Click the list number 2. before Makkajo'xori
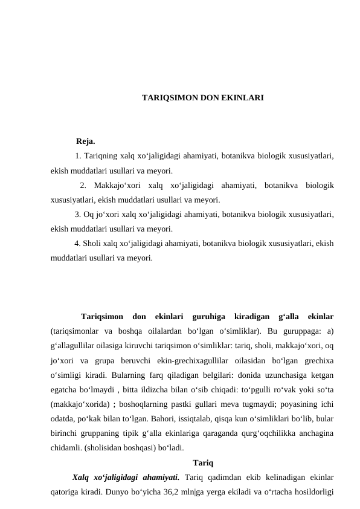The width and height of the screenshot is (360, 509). click(x=83, y=185)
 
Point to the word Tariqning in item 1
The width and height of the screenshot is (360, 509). click(x=100, y=156)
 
